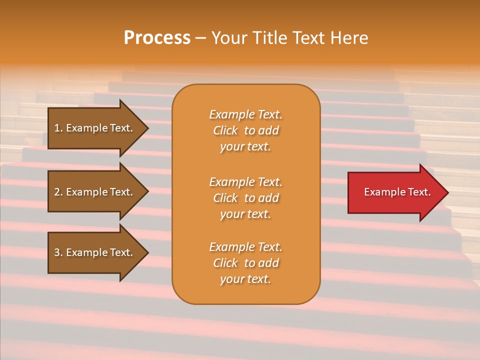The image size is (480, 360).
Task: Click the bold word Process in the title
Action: (157, 38)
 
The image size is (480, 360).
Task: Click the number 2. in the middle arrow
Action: (58, 192)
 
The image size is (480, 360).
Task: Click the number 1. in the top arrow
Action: (58, 128)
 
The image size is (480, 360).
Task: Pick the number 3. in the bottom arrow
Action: (58, 252)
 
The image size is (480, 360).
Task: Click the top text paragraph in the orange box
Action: (245, 130)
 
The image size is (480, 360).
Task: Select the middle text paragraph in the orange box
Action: (245, 198)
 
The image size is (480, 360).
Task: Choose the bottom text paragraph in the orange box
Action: (245, 263)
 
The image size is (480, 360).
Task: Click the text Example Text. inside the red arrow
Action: (397, 192)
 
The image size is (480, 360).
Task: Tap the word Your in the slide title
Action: (229, 38)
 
